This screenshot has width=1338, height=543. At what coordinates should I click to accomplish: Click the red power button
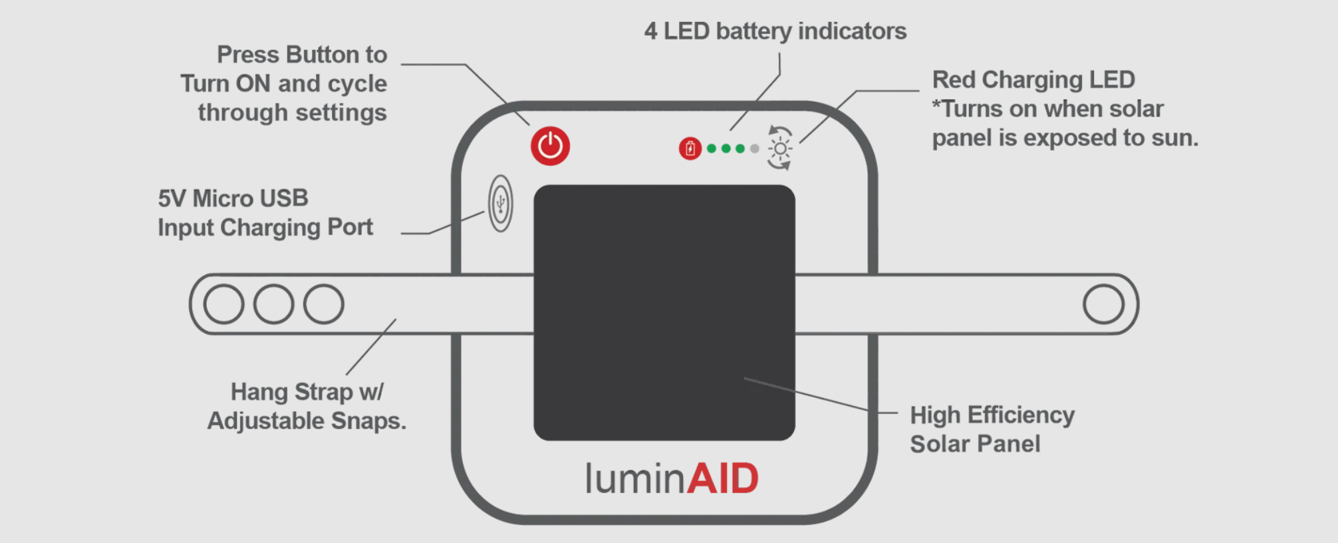(x=550, y=146)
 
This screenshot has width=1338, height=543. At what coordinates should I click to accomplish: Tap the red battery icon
(x=690, y=148)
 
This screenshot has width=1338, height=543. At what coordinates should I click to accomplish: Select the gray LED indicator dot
(x=754, y=148)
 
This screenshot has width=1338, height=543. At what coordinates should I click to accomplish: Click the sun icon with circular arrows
(x=779, y=148)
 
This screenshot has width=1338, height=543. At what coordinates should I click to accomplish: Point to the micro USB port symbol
(x=500, y=203)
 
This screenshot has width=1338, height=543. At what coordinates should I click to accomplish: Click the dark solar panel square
(x=664, y=312)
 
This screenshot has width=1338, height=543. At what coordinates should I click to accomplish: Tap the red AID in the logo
(x=722, y=478)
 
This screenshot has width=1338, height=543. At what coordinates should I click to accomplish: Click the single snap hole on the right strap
(x=1103, y=304)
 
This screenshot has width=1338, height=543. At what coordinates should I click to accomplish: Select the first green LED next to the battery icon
(x=712, y=148)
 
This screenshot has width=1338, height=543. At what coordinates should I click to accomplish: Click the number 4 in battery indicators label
(x=650, y=31)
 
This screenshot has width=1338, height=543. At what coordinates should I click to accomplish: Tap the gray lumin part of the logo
(x=634, y=478)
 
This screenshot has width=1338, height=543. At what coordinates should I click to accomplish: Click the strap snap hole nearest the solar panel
(x=324, y=304)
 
